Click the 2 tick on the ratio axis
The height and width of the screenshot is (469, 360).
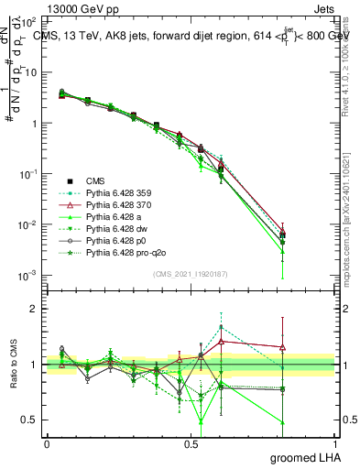click(x=36, y=309)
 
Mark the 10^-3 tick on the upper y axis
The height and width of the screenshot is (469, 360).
click(x=30, y=276)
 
